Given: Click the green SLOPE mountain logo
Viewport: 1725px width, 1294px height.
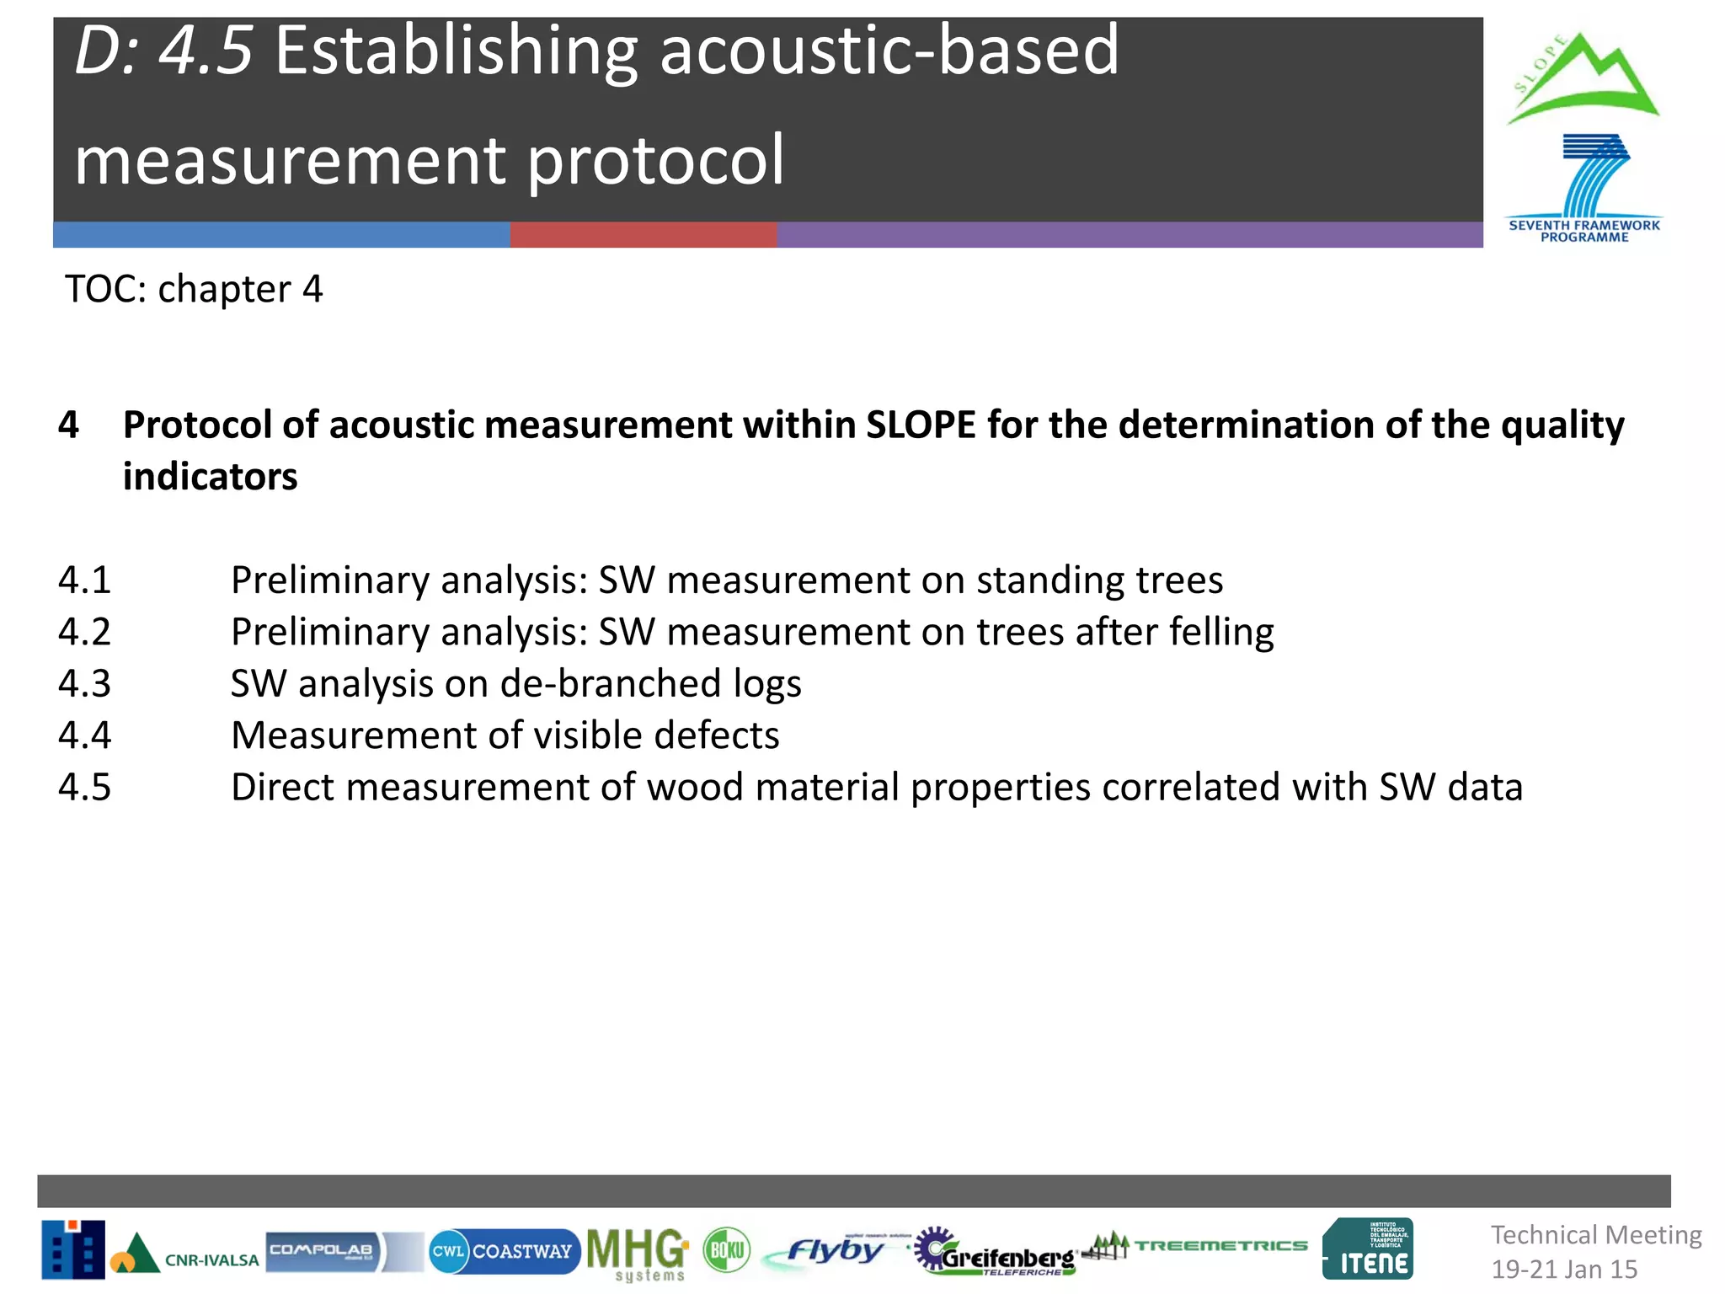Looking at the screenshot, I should tap(1582, 80).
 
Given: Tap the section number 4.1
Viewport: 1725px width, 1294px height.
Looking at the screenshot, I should tap(84, 580).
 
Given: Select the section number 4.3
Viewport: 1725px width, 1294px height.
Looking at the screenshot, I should tap(84, 683).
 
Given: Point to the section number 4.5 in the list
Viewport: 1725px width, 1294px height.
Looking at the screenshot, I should tap(84, 787).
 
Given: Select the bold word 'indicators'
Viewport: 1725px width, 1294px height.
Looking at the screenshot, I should tap(210, 477).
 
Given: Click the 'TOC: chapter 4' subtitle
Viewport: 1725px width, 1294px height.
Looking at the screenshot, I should tap(194, 289).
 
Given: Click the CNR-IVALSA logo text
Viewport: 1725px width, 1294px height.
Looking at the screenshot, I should tap(211, 1260).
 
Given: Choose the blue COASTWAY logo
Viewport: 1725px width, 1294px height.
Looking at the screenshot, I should tap(504, 1251).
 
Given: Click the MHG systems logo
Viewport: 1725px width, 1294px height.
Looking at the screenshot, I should tap(637, 1253).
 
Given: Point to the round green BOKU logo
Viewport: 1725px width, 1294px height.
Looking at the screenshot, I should tap(726, 1250).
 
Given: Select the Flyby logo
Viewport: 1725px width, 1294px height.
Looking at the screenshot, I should tap(834, 1251).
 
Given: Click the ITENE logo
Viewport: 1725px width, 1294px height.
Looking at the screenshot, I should tap(1368, 1249).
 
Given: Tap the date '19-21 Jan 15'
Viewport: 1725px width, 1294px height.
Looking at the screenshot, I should tap(1564, 1270).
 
